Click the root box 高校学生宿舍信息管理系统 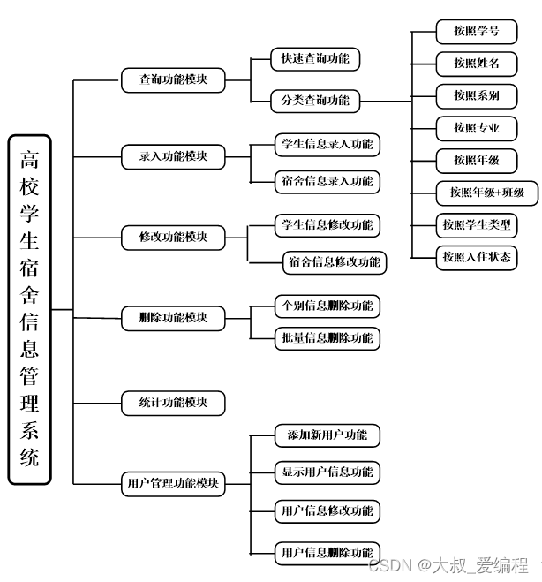pyautogui.click(x=30, y=309)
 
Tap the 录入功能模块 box pyautogui.click(x=174, y=157)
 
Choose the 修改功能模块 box pyautogui.click(x=174, y=238)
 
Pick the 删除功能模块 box pyautogui.click(x=174, y=318)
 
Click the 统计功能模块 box pyautogui.click(x=174, y=404)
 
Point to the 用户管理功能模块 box pyautogui.click(x=174, y=484)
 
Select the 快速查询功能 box pyautogui.click(x=315, y=59)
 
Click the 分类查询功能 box pyautogui.click(x=315, y=101)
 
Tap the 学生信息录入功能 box pyautogui.click(x=327, y=144)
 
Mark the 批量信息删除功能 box pyautogui.click(x=327, y=338)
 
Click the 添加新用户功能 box pyautogui.click(x=327, y=435)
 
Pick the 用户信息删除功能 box pyautogui.click(x=327, y=553)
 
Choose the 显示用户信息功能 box pyautogui.click(x=327, y=472)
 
